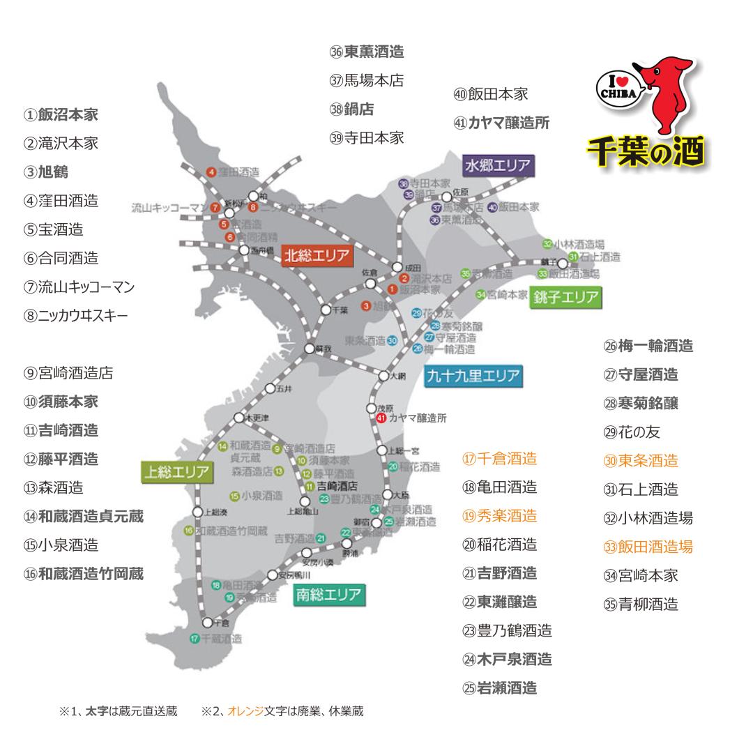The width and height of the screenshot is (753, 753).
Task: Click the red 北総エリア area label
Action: (316, 256)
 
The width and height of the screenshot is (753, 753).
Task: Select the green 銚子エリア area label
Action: (565, 298)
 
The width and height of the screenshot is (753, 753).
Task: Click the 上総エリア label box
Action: (176, 472)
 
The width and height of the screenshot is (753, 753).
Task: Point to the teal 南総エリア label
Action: (329, 595)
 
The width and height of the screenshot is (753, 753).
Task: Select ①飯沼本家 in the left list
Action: (61, 114)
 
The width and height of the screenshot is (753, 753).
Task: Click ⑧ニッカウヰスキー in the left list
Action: (76, 315)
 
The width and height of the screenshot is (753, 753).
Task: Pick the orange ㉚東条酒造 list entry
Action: (641, 460)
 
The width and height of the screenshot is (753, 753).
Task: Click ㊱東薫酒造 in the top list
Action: (367, 52)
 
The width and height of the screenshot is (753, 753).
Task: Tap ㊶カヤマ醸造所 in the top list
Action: (501, 123)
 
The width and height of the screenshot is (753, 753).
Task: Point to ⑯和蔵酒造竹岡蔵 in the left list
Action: (84, 573)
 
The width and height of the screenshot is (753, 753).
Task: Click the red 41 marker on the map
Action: (381, 418)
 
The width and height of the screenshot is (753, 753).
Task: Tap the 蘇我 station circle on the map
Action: (310, 348)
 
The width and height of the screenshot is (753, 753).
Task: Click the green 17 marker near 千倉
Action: (195, 637)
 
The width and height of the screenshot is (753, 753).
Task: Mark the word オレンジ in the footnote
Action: (247, 711)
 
